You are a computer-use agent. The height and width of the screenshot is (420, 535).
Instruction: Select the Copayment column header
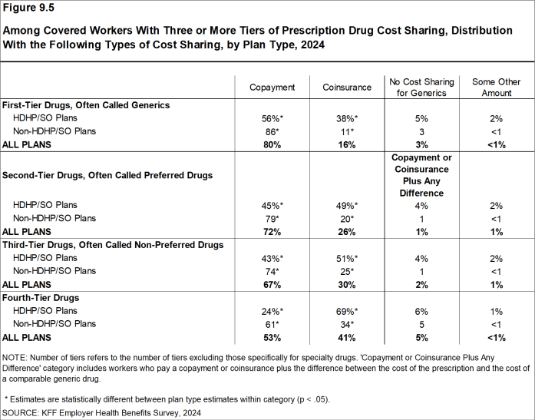(x=272, y=88)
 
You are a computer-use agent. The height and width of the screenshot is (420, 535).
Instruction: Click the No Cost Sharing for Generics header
(x=421, y=88)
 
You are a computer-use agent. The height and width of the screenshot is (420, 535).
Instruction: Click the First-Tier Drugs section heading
(x=86, y=105)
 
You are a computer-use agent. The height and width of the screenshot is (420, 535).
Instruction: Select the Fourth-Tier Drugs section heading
(x=40, y=297)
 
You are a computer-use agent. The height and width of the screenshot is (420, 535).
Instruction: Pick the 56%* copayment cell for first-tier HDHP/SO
(x=272, y=118)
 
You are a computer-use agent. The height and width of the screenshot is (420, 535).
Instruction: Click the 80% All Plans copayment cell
(x=272, y=144)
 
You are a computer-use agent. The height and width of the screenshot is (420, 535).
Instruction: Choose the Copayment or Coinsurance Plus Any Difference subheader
(x=421, y=174)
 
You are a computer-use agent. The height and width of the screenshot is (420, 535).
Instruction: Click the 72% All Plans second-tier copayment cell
(x=272, y=231)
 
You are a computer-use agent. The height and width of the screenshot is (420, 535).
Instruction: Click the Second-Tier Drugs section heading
(x=107, y=174)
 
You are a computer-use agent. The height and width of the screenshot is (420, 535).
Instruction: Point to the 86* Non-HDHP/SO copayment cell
(x=272, y=131)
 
